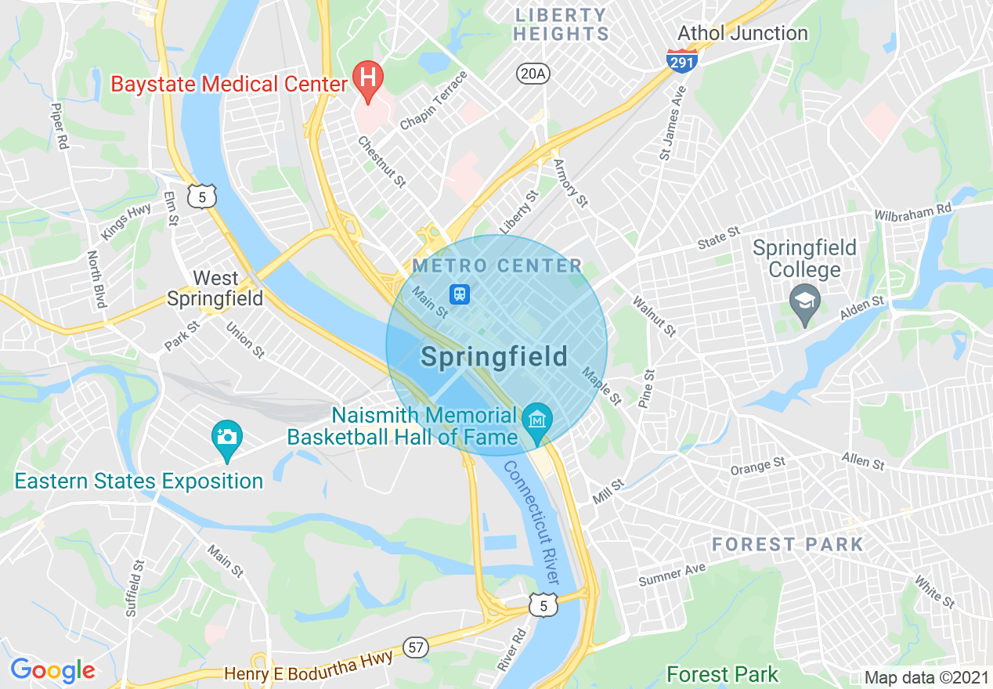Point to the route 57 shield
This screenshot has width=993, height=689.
coord(416,647)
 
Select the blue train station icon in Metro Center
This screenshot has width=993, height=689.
coord(459,294)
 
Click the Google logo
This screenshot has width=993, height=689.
coord(52,670)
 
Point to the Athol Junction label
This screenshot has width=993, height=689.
coord(742,33)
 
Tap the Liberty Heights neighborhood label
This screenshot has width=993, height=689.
coord(561,24)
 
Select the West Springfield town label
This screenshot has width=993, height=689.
coord(215,288)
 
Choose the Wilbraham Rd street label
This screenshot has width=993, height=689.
coord(912,210)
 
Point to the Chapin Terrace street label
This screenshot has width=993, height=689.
coord(434,101)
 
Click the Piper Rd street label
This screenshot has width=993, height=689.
coord(59,126)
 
